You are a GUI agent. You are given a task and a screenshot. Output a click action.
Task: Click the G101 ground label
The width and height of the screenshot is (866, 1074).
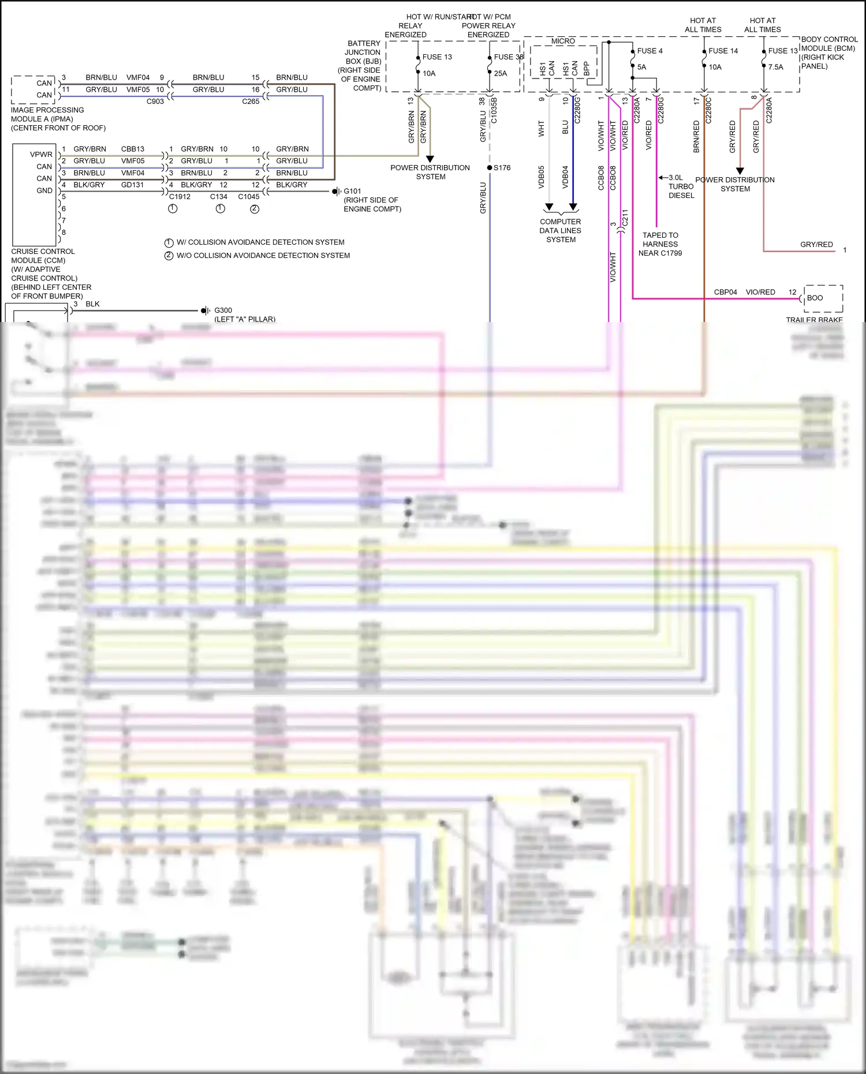point(352,191)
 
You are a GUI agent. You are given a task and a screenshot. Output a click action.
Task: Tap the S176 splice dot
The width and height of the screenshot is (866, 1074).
point(490,168)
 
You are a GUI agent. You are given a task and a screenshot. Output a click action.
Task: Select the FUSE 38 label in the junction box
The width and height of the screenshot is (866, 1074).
point(508,57)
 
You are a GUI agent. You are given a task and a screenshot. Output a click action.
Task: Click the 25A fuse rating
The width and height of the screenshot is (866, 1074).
point(501,73)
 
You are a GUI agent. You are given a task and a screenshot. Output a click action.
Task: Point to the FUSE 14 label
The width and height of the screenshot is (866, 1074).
point(723,51)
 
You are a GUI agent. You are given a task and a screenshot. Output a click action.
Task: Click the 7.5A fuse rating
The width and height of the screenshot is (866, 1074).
point(775,67)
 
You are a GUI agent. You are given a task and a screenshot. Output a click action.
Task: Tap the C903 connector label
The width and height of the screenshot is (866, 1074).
point(155,102)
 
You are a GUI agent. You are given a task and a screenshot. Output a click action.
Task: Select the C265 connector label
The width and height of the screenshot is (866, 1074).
point(251,102)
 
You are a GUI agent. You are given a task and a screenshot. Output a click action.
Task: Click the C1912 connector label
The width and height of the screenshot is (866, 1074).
point(180,197)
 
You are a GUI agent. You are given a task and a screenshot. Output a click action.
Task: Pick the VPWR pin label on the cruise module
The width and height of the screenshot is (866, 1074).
point(41,155)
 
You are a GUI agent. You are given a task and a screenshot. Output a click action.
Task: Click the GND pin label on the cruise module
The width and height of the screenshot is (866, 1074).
point(44,190)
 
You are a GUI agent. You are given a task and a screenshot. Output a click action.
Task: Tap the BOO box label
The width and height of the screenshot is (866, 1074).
point(815,298)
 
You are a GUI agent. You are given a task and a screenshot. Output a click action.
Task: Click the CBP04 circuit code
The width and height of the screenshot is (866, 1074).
point(725,292)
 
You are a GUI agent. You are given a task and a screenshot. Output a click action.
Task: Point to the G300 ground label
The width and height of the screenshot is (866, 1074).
point(223,310)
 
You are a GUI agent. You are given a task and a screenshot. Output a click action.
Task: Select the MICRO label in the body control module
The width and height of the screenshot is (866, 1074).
point(563,42)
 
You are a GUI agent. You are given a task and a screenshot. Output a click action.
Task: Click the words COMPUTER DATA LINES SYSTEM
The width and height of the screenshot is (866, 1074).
point(561,230)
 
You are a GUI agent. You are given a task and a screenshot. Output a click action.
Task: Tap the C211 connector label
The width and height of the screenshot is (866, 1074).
point(625,218)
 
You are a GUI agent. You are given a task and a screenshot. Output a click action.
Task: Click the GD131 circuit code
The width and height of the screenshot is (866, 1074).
point(132,185)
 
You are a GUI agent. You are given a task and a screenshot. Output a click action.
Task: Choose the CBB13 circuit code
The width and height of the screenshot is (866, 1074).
point(133,149)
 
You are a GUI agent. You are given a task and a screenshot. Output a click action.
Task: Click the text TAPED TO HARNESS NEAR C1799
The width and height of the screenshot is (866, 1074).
point(660,244)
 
